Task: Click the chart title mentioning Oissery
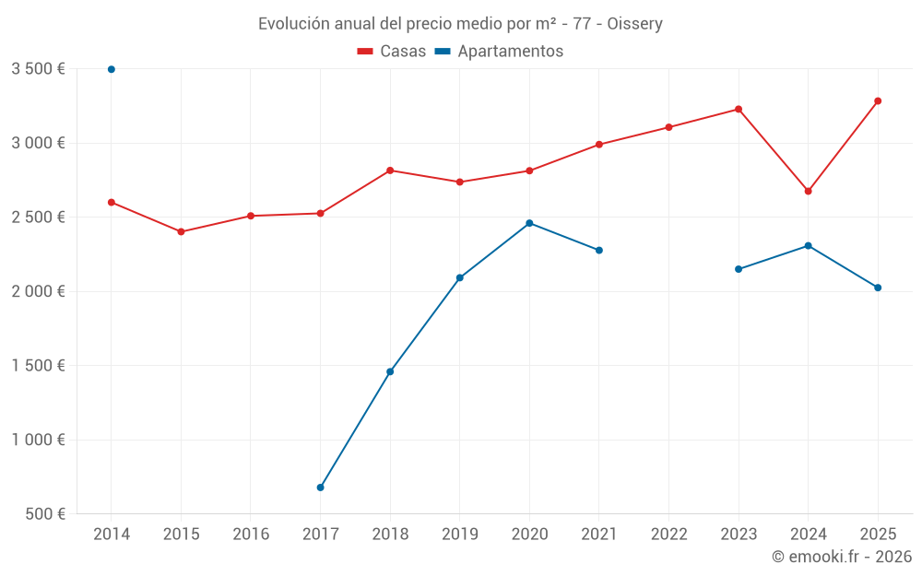tap(460, 23)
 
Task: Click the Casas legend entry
tap(392, 51)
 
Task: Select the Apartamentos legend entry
tap(499, 51)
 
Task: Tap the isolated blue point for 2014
tap(112, 69)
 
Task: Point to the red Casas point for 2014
tap(112, 202)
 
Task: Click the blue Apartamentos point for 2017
tap(320, 488)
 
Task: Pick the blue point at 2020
tap(529, 223)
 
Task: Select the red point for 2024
tap(808, 191)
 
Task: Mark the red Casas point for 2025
tap(878, 100)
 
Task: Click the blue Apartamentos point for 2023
tap(739, 269)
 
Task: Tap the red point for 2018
tap(390, 170)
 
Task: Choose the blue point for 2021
tap(599, 250)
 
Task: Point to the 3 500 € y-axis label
tap(38, 69)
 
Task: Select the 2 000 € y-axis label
tap(38, 291)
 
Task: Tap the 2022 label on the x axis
tap(668, 534)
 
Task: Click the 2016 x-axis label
tap(251, 534)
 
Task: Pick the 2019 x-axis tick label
tap(459, 534)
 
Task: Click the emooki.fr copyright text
tap(841, 557)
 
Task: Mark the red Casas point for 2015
tap(181, 231)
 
